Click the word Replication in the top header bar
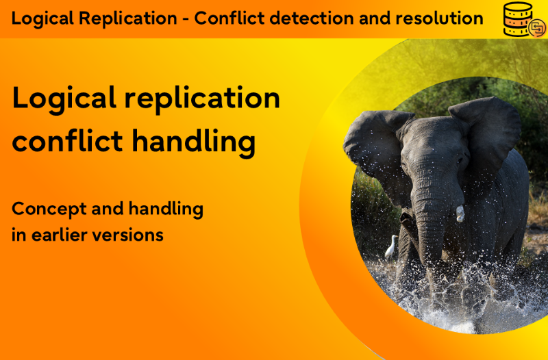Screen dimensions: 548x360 [128, 18]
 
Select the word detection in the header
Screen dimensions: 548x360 [312, 18]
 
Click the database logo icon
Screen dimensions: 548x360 [524, 20]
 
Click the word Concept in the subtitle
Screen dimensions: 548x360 [49, 209]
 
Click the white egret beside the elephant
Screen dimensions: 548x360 [392, 246]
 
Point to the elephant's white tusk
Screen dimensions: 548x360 [460, 214]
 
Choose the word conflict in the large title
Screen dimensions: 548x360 [67, 141]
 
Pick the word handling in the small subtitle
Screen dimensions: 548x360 [166, 209]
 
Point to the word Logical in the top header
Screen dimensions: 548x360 [42, 18]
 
